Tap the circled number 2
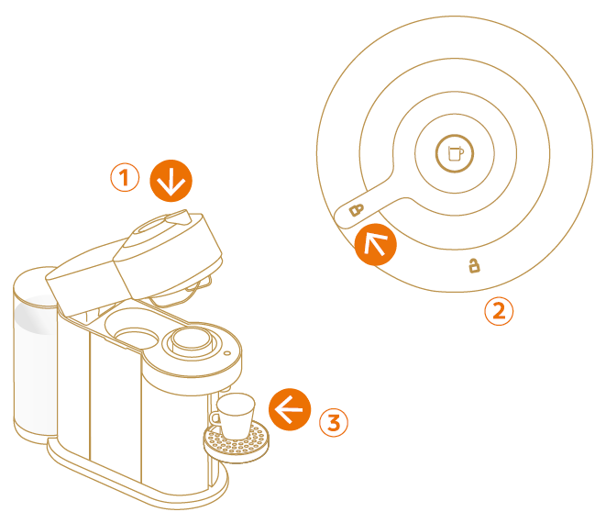(x=499, y=311)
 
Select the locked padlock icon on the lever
(x=357, y=209)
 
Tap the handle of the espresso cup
(x=216, y=418)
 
